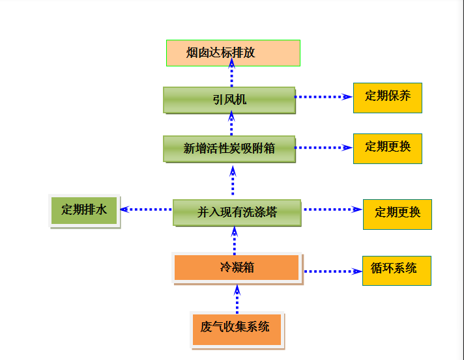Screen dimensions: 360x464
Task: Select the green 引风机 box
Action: tap(229, 100)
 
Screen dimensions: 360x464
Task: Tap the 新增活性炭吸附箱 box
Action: tap(229, 148)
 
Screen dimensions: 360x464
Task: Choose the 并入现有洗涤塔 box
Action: tap(237, 212)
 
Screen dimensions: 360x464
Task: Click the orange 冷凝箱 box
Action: tap(237, 268)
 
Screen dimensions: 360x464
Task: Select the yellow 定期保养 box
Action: tap(387, 97)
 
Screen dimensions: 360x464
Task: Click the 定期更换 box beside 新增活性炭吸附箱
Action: tap(387, 148)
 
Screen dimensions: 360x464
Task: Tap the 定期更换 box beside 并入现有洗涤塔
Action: tap(397, 214)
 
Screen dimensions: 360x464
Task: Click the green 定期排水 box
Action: tap(84, 210)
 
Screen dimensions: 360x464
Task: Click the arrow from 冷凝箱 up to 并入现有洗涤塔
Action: tap(235, 240)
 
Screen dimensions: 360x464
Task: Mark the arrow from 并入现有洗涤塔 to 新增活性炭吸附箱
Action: tap(233, 180)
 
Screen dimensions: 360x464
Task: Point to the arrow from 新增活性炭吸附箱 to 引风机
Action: tap(231, 124)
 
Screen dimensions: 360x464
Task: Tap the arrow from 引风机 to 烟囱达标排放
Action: tap(231, 75)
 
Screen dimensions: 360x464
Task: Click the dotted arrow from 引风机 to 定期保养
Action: tap(323, 96)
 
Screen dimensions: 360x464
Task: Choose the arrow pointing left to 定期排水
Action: tap(146, 210)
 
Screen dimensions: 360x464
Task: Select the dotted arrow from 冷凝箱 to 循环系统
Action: tap(332, 271)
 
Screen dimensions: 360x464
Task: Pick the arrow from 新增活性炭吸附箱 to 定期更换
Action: tap(323, 148)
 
